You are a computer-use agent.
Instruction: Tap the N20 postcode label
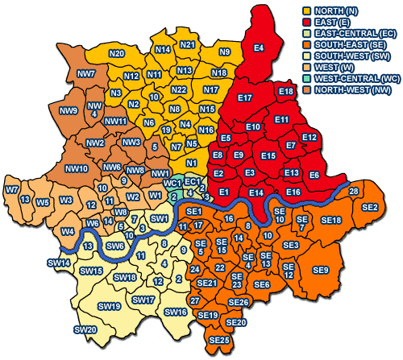[117, 53]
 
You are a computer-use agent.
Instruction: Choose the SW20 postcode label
[85, 330]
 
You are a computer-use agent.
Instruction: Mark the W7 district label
[12, 189]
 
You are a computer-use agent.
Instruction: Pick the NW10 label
[77, 168]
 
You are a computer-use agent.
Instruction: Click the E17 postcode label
[246, 97]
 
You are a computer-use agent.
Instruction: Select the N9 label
[225, 52]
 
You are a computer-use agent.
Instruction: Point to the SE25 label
[219, 341]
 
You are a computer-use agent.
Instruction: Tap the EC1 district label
[191, 183]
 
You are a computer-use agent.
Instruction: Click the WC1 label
[172, 184]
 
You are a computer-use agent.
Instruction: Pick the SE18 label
[331, 220]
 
